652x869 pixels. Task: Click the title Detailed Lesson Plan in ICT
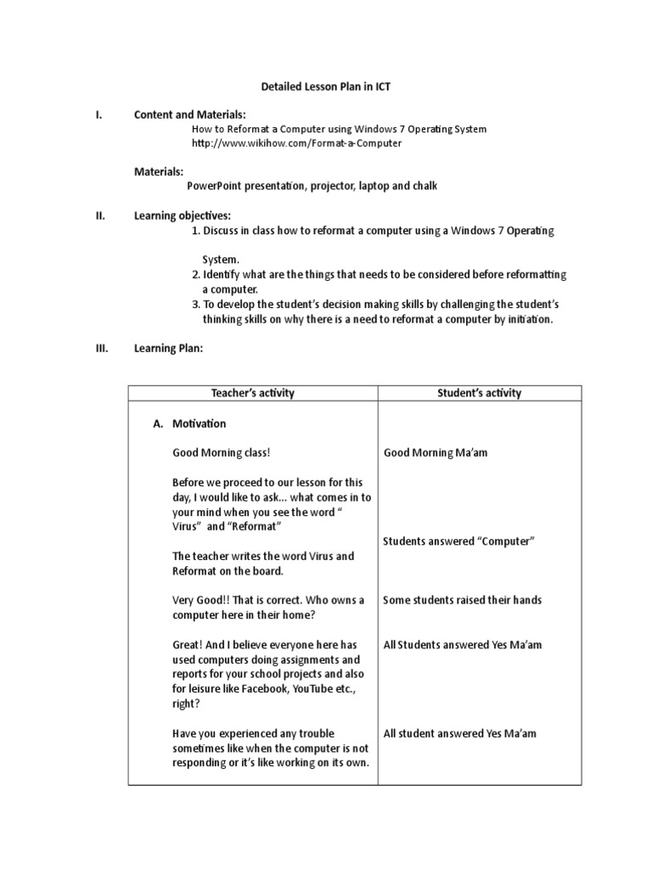326,87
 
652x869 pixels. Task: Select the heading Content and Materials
190,115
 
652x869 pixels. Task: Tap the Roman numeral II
99,216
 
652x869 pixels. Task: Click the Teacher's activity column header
252,393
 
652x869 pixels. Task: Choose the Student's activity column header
479,393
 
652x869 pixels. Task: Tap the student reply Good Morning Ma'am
436,453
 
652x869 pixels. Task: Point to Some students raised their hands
462,600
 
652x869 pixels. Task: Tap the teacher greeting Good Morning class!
222,453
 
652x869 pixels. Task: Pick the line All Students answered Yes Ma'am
462,645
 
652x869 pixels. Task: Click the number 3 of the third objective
194,305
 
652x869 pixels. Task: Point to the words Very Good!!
201,600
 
